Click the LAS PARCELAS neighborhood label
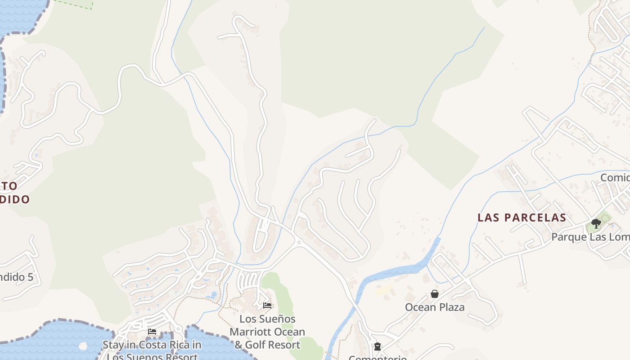522,218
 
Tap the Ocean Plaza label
435,307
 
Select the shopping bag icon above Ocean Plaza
435,294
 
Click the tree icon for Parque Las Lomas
596,223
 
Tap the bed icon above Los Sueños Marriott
267,306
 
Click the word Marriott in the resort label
267,332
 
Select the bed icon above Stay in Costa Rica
152,332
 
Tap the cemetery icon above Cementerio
377,346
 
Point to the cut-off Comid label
615,178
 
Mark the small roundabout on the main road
298,242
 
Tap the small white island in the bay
82,346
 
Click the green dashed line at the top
74,4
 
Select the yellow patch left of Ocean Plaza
383,291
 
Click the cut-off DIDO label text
14,199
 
